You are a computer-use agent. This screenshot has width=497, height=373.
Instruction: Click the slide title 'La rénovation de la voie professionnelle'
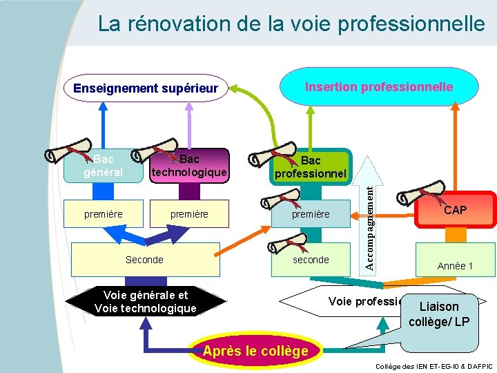(291, 24)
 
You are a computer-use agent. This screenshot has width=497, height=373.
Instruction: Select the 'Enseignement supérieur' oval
(145, 88)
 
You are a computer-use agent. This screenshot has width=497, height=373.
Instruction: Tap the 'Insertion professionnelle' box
(379, 87)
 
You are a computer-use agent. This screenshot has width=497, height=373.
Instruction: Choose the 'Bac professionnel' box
(311, 167)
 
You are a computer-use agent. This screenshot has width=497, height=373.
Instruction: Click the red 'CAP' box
(455, 209)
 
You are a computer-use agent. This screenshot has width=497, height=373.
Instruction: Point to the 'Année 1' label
(455, 266)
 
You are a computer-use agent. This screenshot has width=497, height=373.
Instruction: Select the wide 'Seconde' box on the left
(144, 260)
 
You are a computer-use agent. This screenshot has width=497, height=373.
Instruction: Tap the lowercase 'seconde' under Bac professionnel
(311, 260)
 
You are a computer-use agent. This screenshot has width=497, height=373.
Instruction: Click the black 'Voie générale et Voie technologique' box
(145, 302)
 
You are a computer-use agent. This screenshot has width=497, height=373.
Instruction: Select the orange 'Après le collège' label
(255, 351)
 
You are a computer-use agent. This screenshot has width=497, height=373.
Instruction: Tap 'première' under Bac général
(104, 214)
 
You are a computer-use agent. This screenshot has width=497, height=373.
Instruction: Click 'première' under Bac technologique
(189, 214)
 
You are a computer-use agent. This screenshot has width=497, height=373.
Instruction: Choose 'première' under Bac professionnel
(311, 215)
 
